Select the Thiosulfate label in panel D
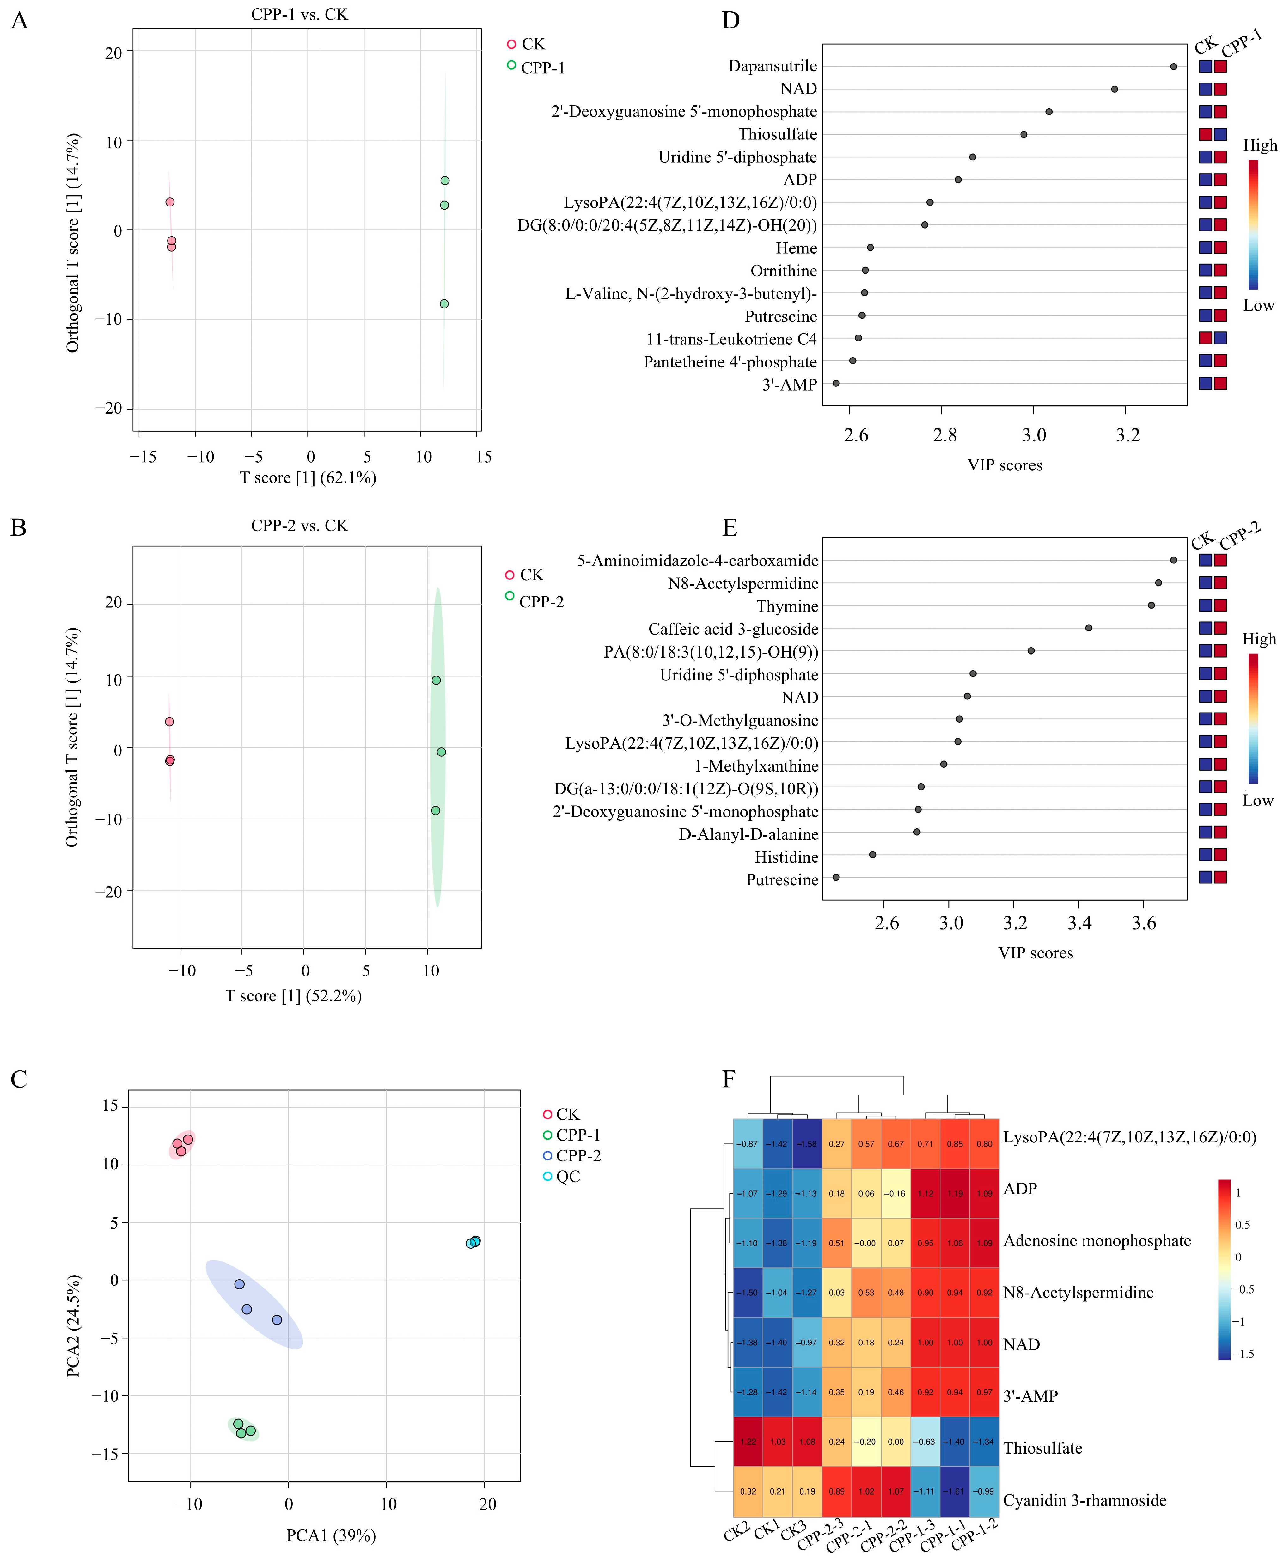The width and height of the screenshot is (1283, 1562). click(778, 134)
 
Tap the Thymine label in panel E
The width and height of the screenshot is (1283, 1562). click(787, 606)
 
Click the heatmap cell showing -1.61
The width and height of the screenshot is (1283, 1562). click(955, 1491)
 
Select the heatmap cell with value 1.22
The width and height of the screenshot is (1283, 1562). click(748, 1442)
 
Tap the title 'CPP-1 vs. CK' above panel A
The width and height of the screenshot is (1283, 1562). click(299, 15)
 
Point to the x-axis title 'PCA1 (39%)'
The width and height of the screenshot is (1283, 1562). click(331, 1535)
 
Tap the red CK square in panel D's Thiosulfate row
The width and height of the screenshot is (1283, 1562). click(1205, 134)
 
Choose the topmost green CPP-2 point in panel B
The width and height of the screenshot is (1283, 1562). click(436, 680)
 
